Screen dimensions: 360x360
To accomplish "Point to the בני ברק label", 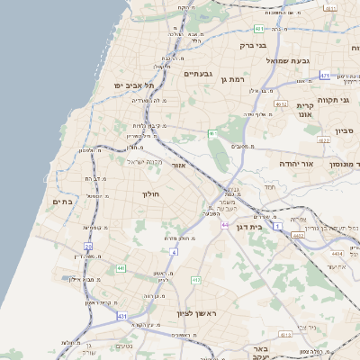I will click(254, 44).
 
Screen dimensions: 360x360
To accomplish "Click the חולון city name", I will click(149, 193).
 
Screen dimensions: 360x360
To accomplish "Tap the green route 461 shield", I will click(213, 133).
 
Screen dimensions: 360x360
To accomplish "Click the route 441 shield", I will click(121, 268).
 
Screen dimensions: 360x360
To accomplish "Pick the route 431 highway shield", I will click(122, 317).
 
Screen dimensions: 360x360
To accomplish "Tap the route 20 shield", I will click(88, 246).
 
